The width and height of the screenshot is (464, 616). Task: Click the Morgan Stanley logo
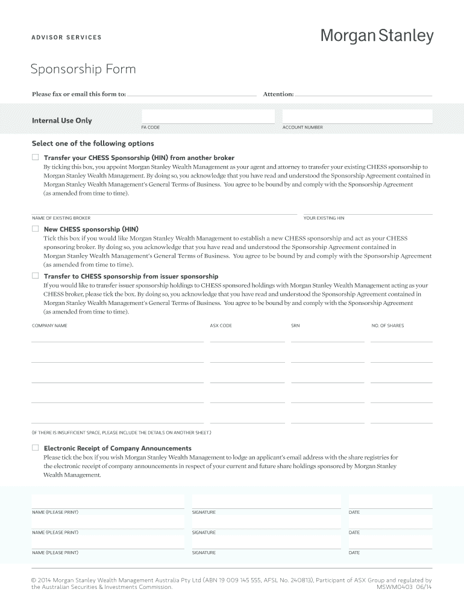376,37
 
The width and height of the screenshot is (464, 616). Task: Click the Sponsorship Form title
83,69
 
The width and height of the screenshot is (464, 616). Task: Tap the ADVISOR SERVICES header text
66,38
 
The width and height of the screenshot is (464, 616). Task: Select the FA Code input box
208,116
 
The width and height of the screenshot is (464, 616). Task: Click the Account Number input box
357,116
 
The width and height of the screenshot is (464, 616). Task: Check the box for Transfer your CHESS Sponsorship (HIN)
35,158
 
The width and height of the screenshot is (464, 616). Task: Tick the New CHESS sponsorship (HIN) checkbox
35,229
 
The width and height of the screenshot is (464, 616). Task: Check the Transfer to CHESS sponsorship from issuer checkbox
35,276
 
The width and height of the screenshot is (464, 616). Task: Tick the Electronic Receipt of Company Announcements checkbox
35,448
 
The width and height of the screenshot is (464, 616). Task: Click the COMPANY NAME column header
49,325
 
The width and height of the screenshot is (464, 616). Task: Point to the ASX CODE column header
221,325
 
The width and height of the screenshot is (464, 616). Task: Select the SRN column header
295,325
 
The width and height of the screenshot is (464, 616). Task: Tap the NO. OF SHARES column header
387,325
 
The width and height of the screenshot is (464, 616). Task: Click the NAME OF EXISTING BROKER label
61,218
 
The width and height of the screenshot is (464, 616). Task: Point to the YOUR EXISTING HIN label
324,218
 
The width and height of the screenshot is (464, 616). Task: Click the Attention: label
278,94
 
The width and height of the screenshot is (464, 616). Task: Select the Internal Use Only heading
61,121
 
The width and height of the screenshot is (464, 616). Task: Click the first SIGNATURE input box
266,501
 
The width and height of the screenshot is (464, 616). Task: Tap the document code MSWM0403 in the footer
394,587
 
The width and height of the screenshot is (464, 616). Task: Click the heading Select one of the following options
93,144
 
